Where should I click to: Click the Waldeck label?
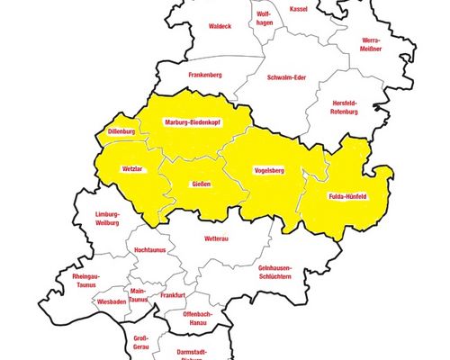pyautogui.click(x=220, y=26)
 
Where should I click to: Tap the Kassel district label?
pyautogui.click(x=298, y=8)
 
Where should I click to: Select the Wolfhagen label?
pyautogui.click(x=264, y=19)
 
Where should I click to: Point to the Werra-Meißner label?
pyautogui.click(x=371, y=45)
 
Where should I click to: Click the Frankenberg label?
pyautogui.click(x=205, y=76)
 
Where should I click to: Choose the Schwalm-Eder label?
pyautogui.click(x=286, y=77)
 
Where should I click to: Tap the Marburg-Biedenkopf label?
pyautogui.click(x=193, y=122)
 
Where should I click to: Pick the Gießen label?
pyautogui.click(x=202, y=184)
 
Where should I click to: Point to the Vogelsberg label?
pyautogui.click(x=269, y=169)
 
